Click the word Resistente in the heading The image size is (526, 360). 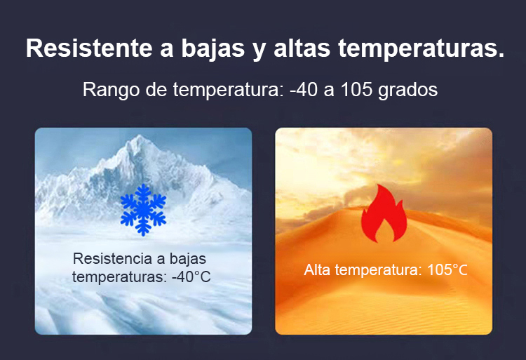pos(89,48)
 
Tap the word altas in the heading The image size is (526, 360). pos(302,48)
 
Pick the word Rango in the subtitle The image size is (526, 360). pos(111,91)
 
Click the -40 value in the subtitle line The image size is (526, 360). pos(304,90)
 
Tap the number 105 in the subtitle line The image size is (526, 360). pos(356,90)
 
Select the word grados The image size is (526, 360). pos(408,91)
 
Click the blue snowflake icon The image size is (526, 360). pos(143,210)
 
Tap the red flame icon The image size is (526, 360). pos(384,213)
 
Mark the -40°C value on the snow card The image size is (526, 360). pos(191,277)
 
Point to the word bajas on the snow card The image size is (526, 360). pos(188,260)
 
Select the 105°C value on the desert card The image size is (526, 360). pos(447,269)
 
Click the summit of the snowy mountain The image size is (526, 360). pos(140,136)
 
